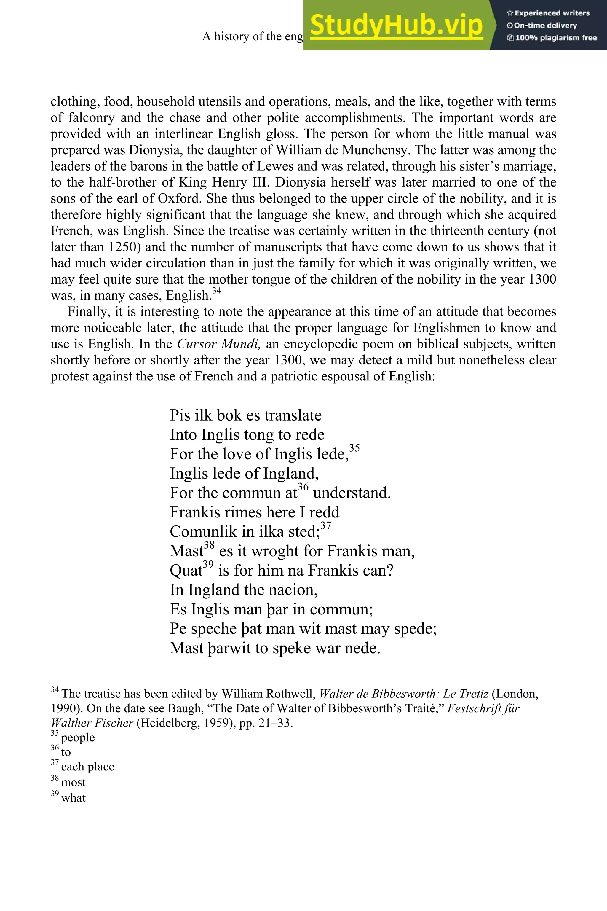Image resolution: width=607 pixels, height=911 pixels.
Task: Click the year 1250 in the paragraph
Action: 124,247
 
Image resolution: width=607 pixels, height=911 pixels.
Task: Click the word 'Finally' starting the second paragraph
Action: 83,312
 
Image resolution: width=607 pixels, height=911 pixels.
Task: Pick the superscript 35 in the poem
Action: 354,448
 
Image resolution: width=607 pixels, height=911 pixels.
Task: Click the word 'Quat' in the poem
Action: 186,571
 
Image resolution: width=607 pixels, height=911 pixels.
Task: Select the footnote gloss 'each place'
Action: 87,767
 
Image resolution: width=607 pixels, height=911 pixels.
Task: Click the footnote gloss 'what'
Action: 74,797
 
